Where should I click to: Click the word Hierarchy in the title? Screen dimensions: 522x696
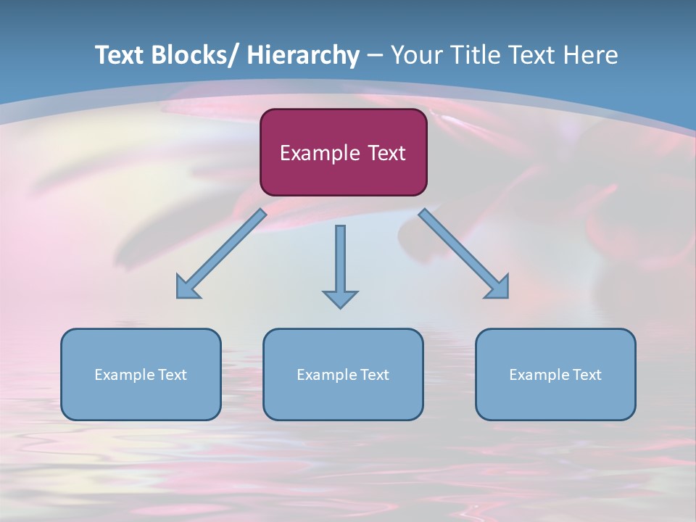point(303,56)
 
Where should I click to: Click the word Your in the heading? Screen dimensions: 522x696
point(415,56)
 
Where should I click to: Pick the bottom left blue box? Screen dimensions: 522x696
point(141,374)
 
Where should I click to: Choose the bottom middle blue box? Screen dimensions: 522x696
point(343,374)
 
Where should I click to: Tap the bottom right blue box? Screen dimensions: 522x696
point(555,374)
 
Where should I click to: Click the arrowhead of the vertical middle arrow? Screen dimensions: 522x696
point(340,299)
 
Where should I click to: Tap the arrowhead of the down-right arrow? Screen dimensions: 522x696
point(498,288)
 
